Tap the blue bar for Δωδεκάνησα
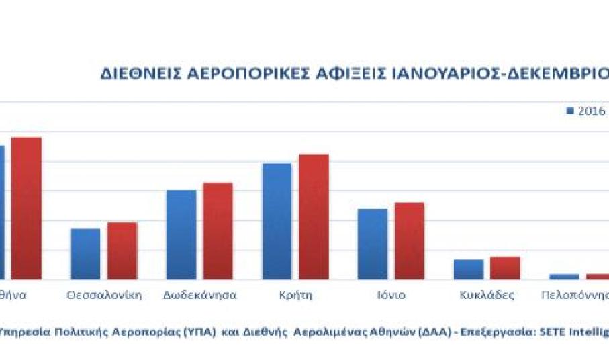tap(181, 234)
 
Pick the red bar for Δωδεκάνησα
tap(218, 230)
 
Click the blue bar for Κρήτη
tap(277, 221)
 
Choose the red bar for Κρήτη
tap(314, 216)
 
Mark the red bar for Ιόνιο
tap(410, 240)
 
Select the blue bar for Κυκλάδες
tap(468, 269)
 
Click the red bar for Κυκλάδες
tap(505, 267)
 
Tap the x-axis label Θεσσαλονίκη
tap(104, 295)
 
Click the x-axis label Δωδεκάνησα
tap(199, 295)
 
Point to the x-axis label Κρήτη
tap(295, 295)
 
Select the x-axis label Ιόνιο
tap(391, 295)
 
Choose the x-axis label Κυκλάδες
tap(487, 295)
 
